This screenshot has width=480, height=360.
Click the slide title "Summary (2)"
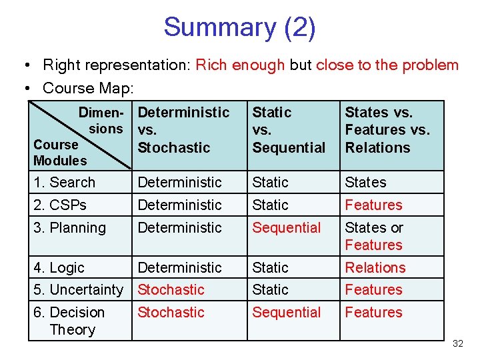239,27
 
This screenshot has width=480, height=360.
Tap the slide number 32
457,344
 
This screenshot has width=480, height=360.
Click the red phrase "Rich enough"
240,65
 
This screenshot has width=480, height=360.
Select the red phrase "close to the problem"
387,65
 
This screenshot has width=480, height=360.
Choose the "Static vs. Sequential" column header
289,130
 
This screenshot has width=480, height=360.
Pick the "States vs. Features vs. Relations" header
387,130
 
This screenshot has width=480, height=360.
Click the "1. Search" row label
65,182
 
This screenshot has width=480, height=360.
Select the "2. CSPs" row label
60,205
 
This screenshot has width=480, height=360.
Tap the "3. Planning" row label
69,227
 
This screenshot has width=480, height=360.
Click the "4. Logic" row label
59,267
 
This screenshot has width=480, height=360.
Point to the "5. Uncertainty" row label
78,290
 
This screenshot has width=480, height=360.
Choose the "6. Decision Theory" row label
69,321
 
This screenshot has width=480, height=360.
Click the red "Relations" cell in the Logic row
375,267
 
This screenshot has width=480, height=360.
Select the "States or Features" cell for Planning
373,236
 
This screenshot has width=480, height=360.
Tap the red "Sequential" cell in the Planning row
286,227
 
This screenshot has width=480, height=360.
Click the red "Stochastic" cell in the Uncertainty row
171,290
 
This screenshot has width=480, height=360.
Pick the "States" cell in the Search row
365,182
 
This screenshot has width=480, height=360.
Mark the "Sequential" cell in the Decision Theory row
286,312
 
